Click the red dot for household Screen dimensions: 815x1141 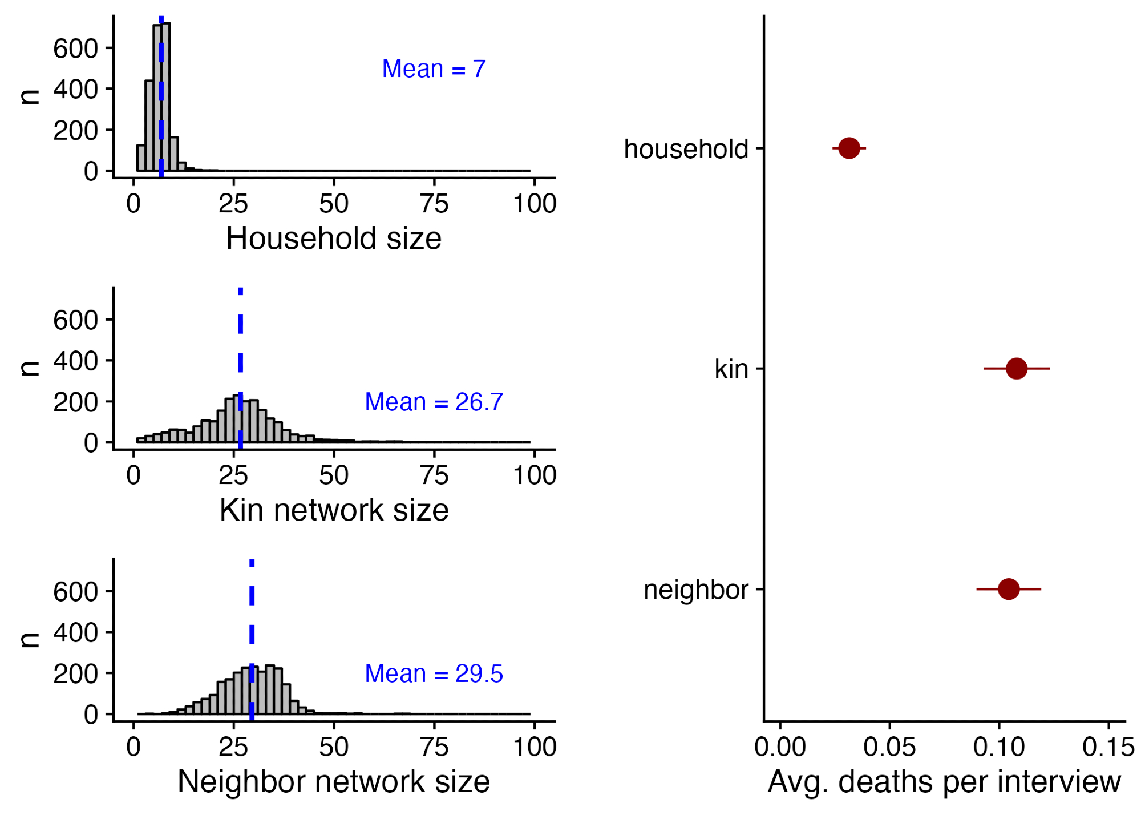coord(849,148)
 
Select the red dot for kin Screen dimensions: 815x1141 coord(1017,369)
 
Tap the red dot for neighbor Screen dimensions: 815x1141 coord(1009,589)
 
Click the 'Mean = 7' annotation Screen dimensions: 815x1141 coord(434,69)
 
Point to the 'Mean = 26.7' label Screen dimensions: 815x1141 coord(434,402)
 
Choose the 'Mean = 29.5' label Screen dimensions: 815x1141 coord(434,674)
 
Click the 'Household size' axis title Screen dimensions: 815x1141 coord(334,239)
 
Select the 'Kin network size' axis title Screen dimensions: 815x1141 coord(334,510)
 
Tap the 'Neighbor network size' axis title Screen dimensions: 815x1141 coord(334,782)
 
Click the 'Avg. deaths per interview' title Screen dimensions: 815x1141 coord(944,782)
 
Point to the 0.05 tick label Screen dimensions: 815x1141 coord(889,747)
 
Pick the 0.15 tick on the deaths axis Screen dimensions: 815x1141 coord(1108,747)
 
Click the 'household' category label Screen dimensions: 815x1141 coord(686,150)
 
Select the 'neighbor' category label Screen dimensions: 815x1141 coord(695,590)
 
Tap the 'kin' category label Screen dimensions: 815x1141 coord(731,370)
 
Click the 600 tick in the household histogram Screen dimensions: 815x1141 coord(75,49)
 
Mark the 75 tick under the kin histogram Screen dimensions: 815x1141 coord(434,475)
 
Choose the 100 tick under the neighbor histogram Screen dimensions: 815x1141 coord(535,747)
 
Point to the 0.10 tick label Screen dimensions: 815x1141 coord(998,747)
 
